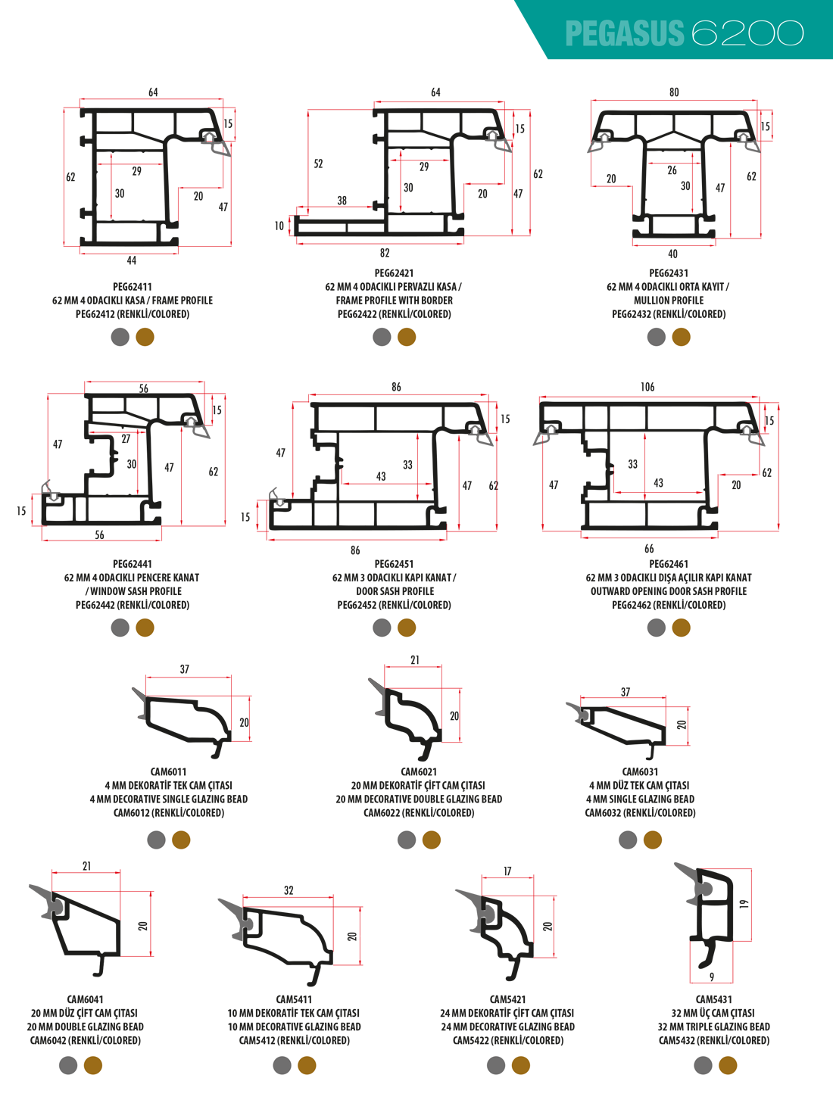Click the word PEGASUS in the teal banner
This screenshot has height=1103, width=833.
[x=624, y=34]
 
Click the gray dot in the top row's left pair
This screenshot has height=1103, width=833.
[x=120, y=336]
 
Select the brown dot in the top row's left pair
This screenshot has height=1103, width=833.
[x=145, y=336]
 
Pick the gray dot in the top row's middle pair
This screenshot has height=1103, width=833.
[x=382, y=336]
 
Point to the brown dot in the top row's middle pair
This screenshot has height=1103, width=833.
[x=407, y=336]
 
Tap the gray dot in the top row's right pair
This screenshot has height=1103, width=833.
[x=657, y=336]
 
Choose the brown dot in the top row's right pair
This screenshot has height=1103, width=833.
[x=681, y=336]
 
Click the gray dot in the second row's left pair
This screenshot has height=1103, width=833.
[x=120, y=627]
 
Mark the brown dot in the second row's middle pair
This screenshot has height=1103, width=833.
[x=407, y=627]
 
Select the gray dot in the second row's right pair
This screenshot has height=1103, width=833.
[x=657, y=627]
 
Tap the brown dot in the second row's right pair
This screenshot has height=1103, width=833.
[x=681, y=627]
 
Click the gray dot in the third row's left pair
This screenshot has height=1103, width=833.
[x=157, y=839]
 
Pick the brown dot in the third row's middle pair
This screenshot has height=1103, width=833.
[x=431, y=839]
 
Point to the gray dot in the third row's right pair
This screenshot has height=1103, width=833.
[x=628, y=839]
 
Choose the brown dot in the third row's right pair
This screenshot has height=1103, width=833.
[x=652, y=839]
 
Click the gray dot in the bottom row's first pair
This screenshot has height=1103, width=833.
[x=68, y=1065]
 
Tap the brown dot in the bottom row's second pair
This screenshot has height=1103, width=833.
[x=307, y=1065]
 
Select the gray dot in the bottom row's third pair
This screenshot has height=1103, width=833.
[x=496, y=1065]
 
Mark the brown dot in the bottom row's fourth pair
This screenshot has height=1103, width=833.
[x=728, y=1065]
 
